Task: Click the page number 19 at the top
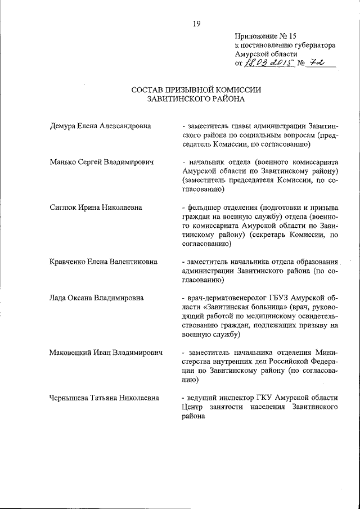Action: (x=196, y=23)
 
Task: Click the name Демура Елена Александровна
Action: (x=100, y=126)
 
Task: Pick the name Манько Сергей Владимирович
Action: (x=101, y=162)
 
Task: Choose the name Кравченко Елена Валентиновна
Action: (x=103, y=262)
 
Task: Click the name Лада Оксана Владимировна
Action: (x=96, y=298)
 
